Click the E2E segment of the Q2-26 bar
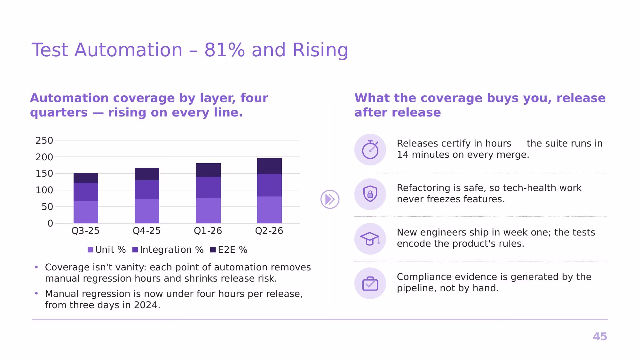269,166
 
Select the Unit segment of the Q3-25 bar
86,212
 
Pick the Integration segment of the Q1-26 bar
208,188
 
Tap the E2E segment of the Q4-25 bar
147,174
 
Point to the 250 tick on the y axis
44,140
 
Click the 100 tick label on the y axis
44,190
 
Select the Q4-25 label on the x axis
147,231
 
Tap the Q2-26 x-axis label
269,231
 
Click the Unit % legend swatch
91,250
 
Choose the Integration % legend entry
168,250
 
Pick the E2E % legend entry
229,250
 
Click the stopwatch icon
370,149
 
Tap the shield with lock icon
370,194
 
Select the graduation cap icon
370,239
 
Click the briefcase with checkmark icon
370,284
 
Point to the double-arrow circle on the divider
330,199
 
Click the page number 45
600,337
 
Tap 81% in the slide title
225,50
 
